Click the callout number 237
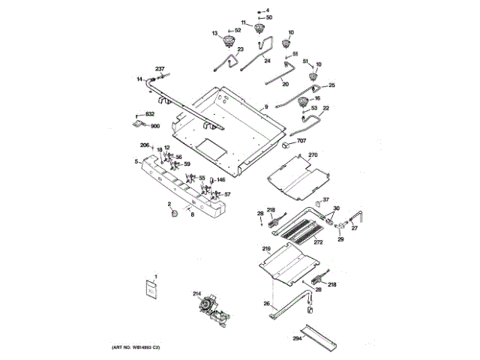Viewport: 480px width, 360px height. (159, 68)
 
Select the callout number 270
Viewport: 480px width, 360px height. (313, 155)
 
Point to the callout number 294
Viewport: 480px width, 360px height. (298, 339)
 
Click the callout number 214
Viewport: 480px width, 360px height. (197, 293)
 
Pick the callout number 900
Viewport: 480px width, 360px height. (155, 126)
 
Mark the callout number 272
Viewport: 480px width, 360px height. (318, 242)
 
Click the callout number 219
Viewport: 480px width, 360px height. (265, 248)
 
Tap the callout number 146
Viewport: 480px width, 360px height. (221, 179)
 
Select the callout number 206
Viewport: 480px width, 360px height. (145, 145)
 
